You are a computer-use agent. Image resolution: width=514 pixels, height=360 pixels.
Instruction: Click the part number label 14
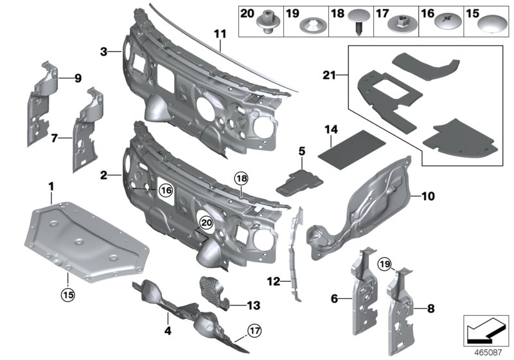tap(330, 129)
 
